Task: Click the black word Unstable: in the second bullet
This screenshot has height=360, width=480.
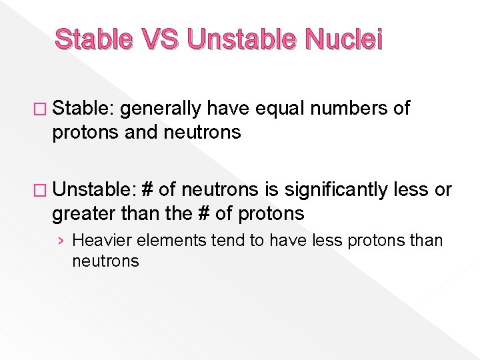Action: [x=93, y=190]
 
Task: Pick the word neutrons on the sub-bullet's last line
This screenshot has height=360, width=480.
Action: [x=105, y=261]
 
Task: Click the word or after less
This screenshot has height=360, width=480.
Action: [x=443, y=191]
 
